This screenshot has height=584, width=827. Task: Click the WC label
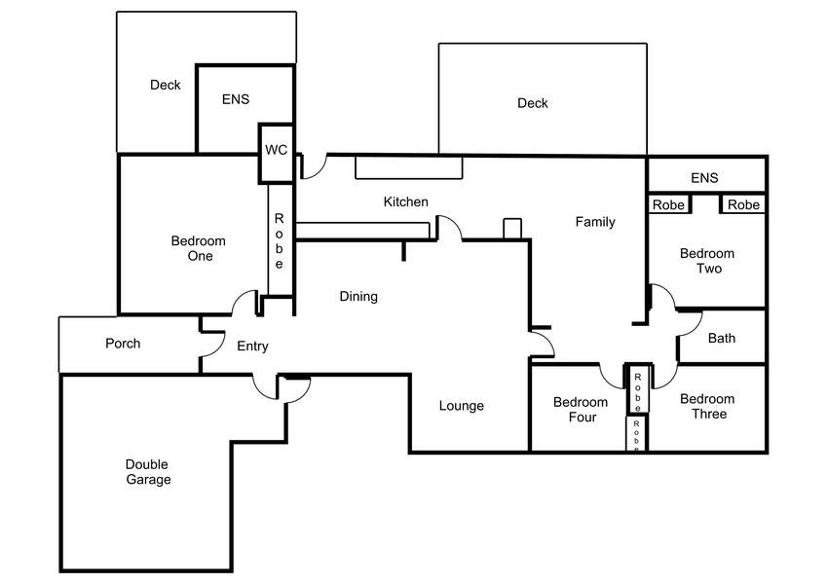(276, 151)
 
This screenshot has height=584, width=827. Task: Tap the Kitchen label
(405, 201)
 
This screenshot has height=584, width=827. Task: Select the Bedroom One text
(198, 248)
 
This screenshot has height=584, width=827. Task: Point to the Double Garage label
(148, 472)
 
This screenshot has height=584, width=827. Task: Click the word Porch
(123, 343)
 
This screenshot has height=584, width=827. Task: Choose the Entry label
(252, 346)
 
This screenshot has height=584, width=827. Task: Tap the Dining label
(358, 296)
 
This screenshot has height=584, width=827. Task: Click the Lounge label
(461, 406)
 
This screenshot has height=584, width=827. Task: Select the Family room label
(594, 222)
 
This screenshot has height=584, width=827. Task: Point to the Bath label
(722, 339)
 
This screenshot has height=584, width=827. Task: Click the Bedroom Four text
(580, 410)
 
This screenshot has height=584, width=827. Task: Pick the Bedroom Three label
(707, 406)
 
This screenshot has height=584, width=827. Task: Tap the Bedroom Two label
(708, 261)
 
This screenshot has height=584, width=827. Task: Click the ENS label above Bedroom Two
(704, 178)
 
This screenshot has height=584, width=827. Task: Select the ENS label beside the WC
(235, 99)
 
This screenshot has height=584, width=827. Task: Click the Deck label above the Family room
(533, 103)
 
